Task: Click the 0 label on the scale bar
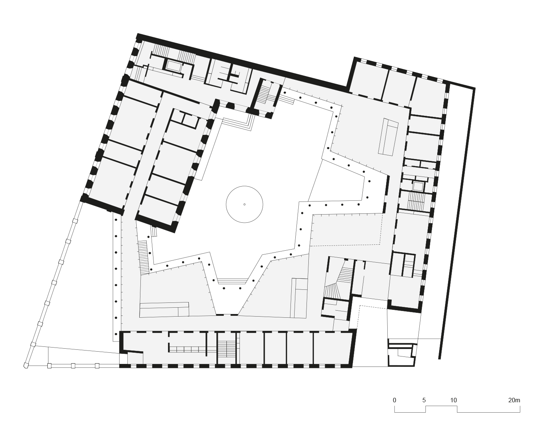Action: point(394,400)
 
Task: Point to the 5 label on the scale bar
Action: point(424,400)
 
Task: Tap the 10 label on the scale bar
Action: point(453,400)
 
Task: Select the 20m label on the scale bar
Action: point(514,400)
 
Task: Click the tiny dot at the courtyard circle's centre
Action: point(244,204)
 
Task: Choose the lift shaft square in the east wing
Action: point(418,186)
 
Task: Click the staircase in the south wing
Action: point(226,349)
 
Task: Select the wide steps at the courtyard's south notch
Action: point(232,281)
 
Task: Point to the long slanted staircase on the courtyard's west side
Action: point(143,257)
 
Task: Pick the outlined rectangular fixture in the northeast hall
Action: point(388,137)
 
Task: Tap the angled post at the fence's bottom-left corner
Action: point(26,365)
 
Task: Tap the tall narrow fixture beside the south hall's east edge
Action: point(299,298)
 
